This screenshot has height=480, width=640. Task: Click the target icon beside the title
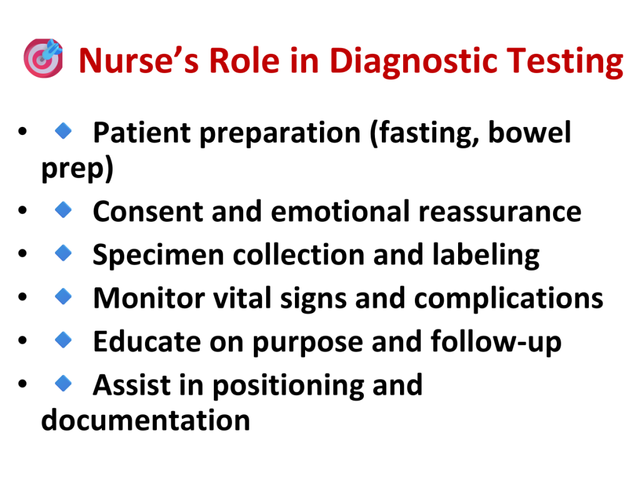point(43,58)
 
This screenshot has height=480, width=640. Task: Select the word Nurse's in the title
point(139,61)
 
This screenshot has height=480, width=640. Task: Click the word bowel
point(529,132)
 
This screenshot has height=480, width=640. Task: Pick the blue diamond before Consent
point(63,210)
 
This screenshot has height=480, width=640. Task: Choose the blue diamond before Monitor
point(63,296)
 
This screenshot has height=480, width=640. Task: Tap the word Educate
point(147,341)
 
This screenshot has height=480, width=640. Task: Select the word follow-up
point(496,342)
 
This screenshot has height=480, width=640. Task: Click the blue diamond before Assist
point(63,383)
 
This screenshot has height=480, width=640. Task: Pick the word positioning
point(288,385)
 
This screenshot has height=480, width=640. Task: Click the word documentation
point(146,420)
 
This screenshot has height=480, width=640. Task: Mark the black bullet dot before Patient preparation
point(22,131)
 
